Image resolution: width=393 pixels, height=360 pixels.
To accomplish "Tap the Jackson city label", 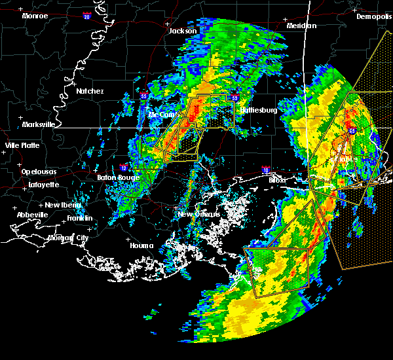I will tap(183, 31).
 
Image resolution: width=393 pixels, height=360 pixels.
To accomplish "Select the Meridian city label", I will tap(301, 26).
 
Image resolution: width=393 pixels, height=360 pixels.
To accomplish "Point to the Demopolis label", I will tap(373, 17).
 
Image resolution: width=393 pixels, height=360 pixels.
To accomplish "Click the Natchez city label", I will tap(89, 91).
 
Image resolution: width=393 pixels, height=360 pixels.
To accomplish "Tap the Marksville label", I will tap(38, 124).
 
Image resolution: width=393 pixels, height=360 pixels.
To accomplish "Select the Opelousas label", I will tap(38, 171).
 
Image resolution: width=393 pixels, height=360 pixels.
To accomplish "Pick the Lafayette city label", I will tap(43, 185).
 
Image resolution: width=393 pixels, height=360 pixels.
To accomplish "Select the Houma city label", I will tap(141, 246).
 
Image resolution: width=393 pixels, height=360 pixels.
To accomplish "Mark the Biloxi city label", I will tap(278, 179).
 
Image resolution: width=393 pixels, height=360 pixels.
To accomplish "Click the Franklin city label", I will tap(79, 218).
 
